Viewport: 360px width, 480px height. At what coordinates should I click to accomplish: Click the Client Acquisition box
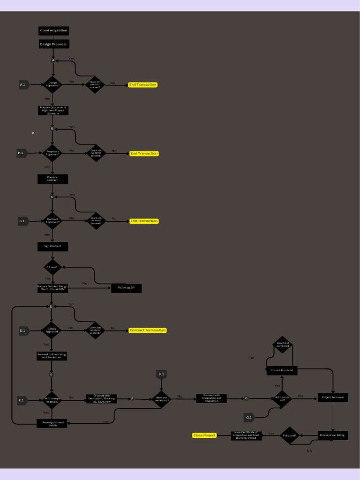point(53,30)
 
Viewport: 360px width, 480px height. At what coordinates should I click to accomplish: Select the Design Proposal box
point(54,44)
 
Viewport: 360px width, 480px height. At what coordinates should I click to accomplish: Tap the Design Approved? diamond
point(53,84)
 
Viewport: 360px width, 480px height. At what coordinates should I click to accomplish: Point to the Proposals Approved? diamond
point(52,153)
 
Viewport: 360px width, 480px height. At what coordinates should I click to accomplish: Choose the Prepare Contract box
point(52,179)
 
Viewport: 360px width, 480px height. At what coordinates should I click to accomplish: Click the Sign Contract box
point(52,246)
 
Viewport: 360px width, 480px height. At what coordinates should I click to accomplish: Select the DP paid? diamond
point(52,267)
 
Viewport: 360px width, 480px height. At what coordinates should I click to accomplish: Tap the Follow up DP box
point(126,288)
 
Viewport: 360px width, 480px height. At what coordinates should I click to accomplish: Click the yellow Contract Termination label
point(148,330)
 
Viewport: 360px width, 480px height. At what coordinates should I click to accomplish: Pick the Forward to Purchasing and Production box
point(52,356)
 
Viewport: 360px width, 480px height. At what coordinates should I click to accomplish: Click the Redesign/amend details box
point(52,423)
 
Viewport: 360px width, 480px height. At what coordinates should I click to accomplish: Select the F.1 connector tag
point(161,375)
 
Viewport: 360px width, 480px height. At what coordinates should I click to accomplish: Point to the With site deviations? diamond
point(161,399)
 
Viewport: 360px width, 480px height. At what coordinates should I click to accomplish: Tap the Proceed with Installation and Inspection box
point(211,398)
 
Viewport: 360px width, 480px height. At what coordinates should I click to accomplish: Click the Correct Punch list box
point(282,370)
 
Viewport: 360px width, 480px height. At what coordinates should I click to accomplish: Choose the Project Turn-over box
point(333,397)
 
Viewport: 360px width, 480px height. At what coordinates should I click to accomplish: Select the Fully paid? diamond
point(289,435)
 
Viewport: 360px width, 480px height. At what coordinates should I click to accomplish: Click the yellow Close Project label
point(204,435)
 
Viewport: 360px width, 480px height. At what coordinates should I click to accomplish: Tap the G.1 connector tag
point(249,417)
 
